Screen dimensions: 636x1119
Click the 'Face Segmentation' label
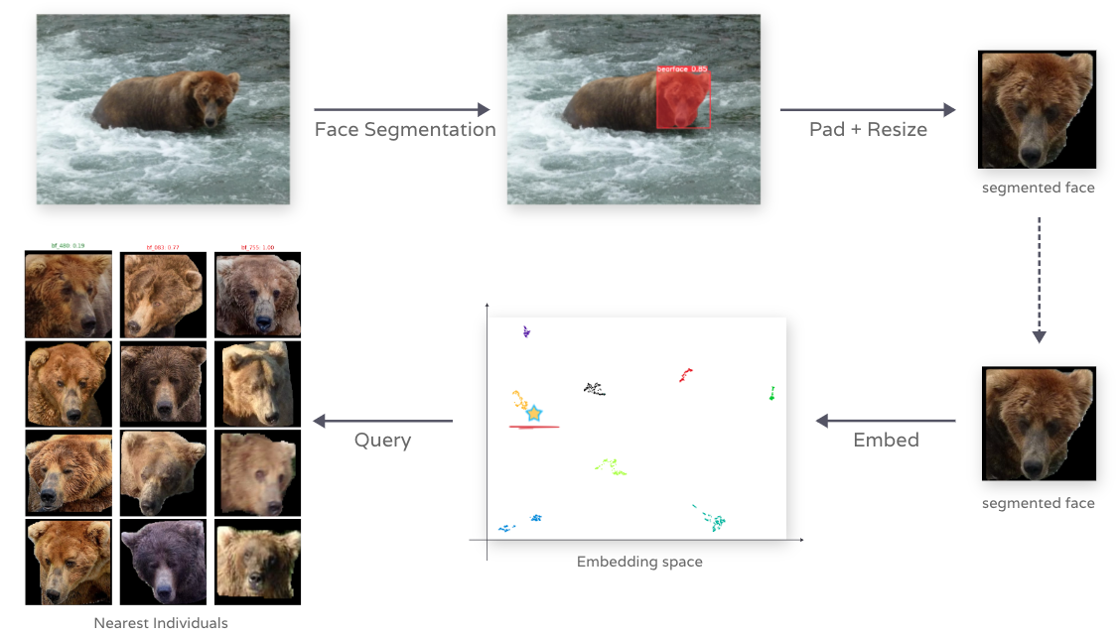click(x=404, y=130)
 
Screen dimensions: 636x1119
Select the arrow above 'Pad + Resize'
click(x=868, y=110)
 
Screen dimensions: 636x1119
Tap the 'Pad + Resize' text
click(x=868, y=130)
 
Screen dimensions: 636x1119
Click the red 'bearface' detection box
click(x=683, y=99)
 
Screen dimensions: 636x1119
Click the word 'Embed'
click(x=886, y=440)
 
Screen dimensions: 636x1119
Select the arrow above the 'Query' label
click(x=383, y=421)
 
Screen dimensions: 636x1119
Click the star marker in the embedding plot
click(x=534, y=413)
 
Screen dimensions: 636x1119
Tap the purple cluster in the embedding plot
click(x=526, y=331)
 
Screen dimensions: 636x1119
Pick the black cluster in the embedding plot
click(x=595, y=389)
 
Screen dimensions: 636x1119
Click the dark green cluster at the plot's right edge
click(x=771, y=394)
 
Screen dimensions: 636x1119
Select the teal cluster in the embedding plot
click(x=711, y=518)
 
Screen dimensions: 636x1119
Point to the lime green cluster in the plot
click(x=611, y=466)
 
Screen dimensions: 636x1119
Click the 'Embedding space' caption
click(x=639, y=562)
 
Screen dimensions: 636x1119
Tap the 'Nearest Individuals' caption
click(x=161, y=623)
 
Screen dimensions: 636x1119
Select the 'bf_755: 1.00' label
click(x=257, y=247)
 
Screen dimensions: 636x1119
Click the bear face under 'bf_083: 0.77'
click(x=163, y=296)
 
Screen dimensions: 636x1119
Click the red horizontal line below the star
click(x=534, y=427)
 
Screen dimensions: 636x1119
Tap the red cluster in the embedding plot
click(x=685, y=375)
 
